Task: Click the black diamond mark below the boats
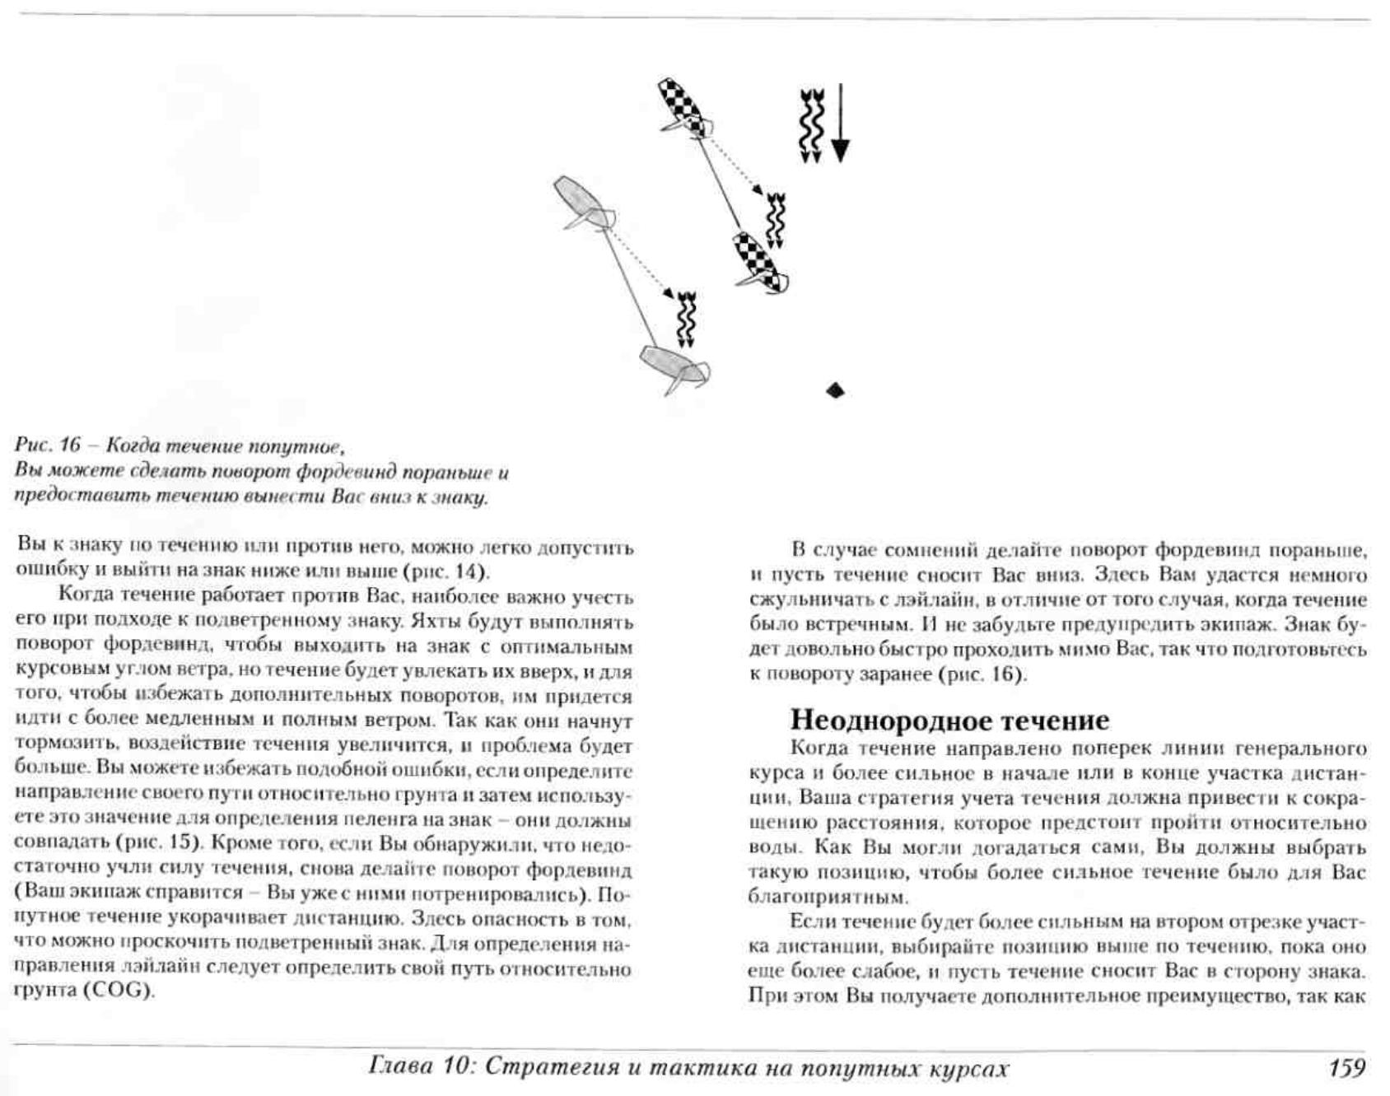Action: point(835,389)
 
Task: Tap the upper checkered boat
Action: point(683,105)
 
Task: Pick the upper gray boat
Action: point(580,202)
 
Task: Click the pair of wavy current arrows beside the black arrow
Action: point(811,124)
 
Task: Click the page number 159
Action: point(1346,1068)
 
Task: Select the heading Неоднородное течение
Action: point(949,720)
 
